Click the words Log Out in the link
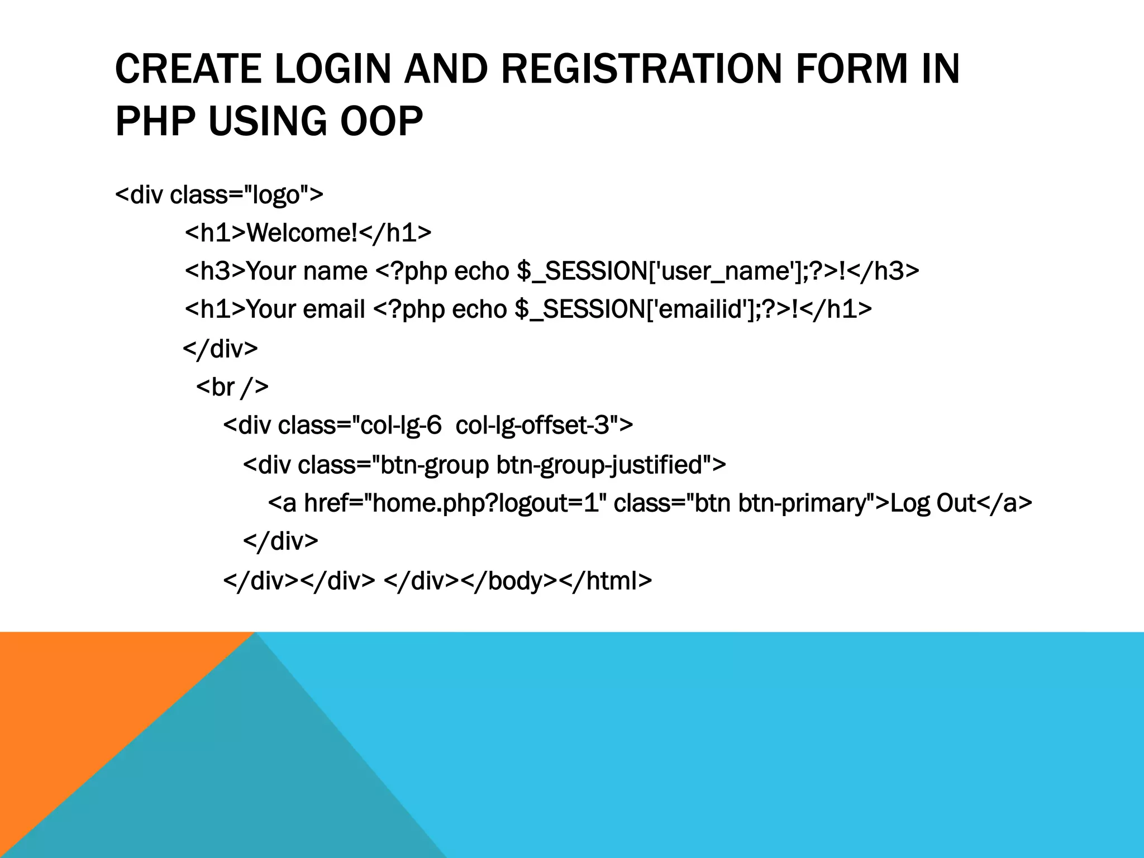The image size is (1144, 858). click(933, 503)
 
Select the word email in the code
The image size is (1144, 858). click(333, 309)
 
